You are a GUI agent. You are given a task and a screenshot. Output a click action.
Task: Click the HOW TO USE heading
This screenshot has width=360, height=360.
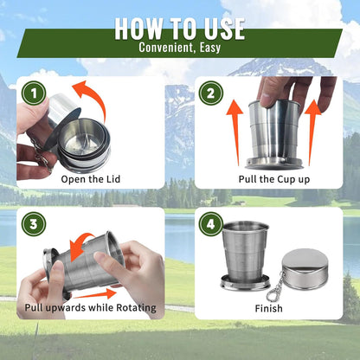click(180, 27)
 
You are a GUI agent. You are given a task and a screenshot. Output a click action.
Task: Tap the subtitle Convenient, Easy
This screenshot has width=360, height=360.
click(180, 48)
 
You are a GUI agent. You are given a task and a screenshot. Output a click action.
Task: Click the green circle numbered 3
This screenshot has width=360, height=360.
click(33, 223)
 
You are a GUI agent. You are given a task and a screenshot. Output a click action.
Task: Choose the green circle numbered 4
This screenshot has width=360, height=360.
click(210, 223)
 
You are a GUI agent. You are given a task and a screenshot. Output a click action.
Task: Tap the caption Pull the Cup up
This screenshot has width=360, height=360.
click(274, 179)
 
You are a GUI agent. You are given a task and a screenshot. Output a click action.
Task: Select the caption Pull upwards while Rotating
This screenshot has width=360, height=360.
click(91, 307)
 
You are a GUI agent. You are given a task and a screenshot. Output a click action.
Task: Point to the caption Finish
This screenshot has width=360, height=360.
click(268, 307)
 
